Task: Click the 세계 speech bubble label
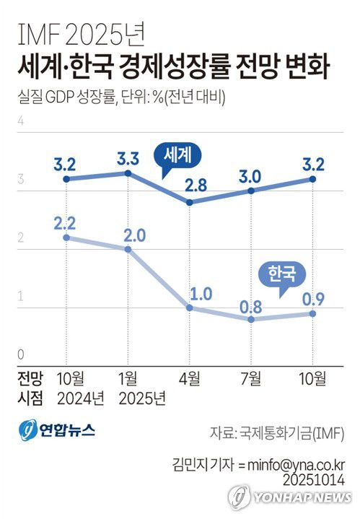(176, 154)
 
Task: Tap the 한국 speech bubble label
(281, 274)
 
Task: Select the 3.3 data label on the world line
(128, 155)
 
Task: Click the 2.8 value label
(190, 185)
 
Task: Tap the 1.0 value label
(190, 292)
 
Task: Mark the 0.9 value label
(312, 297)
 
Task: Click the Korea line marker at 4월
(189, 308)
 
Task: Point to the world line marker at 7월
(251, 191)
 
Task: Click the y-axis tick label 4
(21, 121)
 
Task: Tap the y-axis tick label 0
(21, 354)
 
